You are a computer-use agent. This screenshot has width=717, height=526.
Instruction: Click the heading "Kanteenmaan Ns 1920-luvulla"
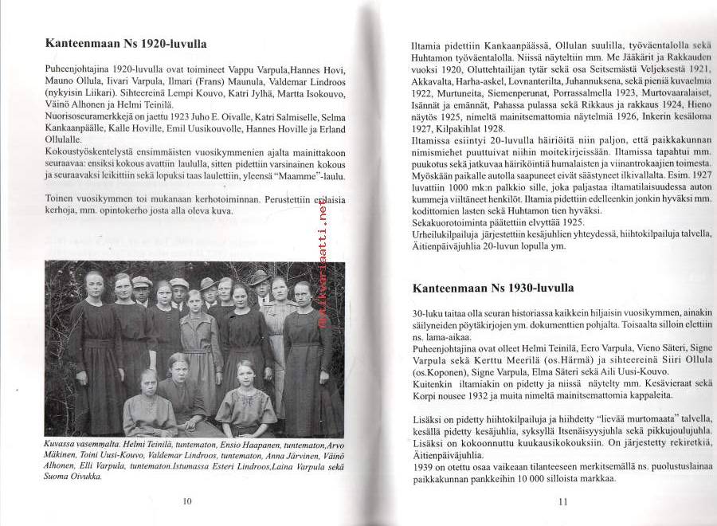pyautogui.click(x=125, y=45)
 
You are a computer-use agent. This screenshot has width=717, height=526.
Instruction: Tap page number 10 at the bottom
pyautogui.click(x=187, y=500)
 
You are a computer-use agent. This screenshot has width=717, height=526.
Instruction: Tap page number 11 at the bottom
pyautogui.click(x=562, y=500)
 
